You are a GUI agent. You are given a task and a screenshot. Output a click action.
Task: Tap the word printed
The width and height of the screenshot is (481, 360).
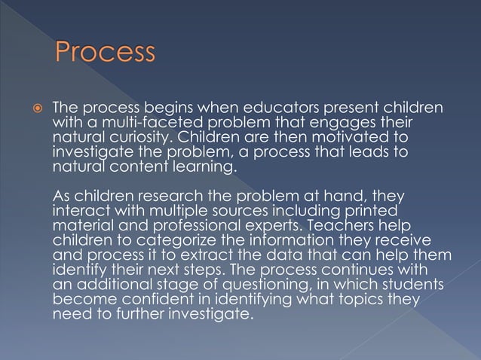370,210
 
